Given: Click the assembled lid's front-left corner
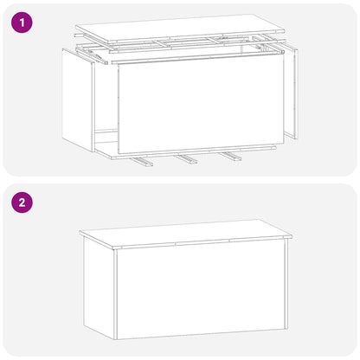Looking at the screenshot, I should click(x=114, y=246).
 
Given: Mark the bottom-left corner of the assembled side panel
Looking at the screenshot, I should click(x=84, y=324).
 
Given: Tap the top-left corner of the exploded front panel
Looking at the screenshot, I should click(x=117, y=63).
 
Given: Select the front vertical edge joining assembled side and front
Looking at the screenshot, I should click(x=115, y=294).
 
